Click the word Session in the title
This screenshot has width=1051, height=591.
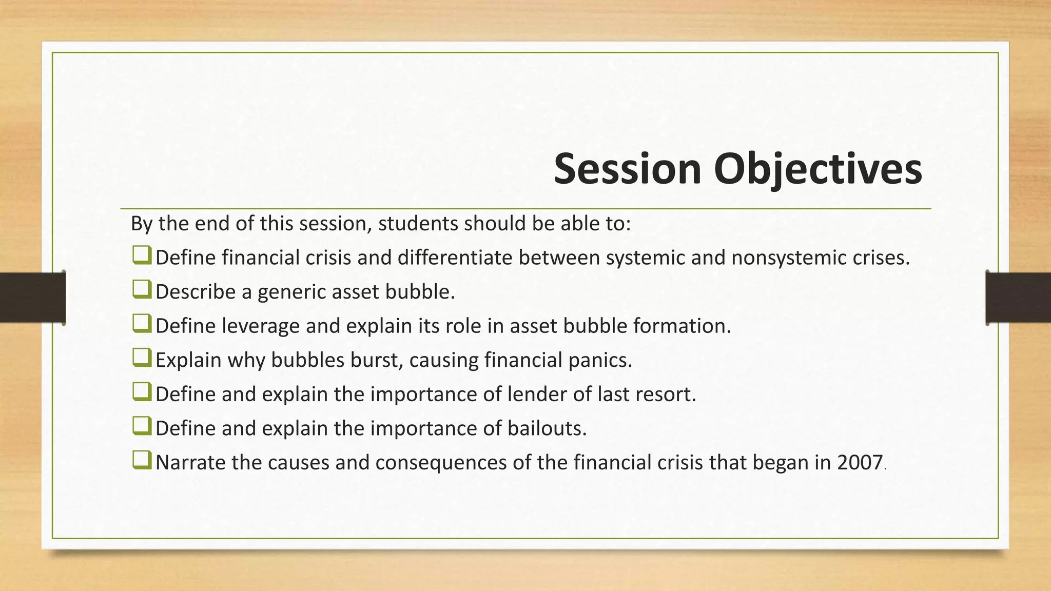pos(628,169)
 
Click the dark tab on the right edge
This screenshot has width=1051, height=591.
pos(1018,298)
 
